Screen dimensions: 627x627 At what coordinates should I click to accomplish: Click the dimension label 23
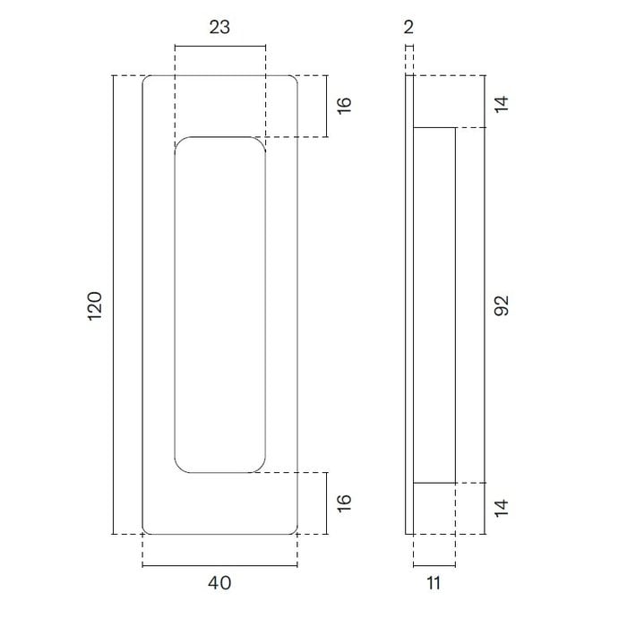click(x=219, y=27)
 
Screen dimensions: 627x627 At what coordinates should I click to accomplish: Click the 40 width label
click(x=219, y=584)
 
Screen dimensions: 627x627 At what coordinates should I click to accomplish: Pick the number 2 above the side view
click(x=408, y=27)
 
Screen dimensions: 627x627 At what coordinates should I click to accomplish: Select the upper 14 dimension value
click(x=502, y=102)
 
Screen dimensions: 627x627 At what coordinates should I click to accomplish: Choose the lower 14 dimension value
click(x=502, y=509)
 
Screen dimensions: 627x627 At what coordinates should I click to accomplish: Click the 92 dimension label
click(x=502, y=305)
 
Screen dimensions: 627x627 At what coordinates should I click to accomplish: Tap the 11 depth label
click(x=434, y=584)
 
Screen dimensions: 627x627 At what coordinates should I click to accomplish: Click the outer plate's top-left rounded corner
click(x=147, y=81)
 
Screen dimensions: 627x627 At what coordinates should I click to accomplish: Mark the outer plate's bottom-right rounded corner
click(x=293, y=529)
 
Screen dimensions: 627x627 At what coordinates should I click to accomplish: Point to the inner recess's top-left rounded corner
click(x=180, y=142)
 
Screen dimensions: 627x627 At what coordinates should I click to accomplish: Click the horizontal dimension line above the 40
click(x=219, y=566)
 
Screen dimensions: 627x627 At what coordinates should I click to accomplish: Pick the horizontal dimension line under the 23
click(x=219, y=46)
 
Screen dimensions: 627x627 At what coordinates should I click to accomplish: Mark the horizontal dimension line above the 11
click(x=434, y=566)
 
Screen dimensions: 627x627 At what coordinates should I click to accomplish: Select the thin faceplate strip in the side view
click(x=409, y=305)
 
